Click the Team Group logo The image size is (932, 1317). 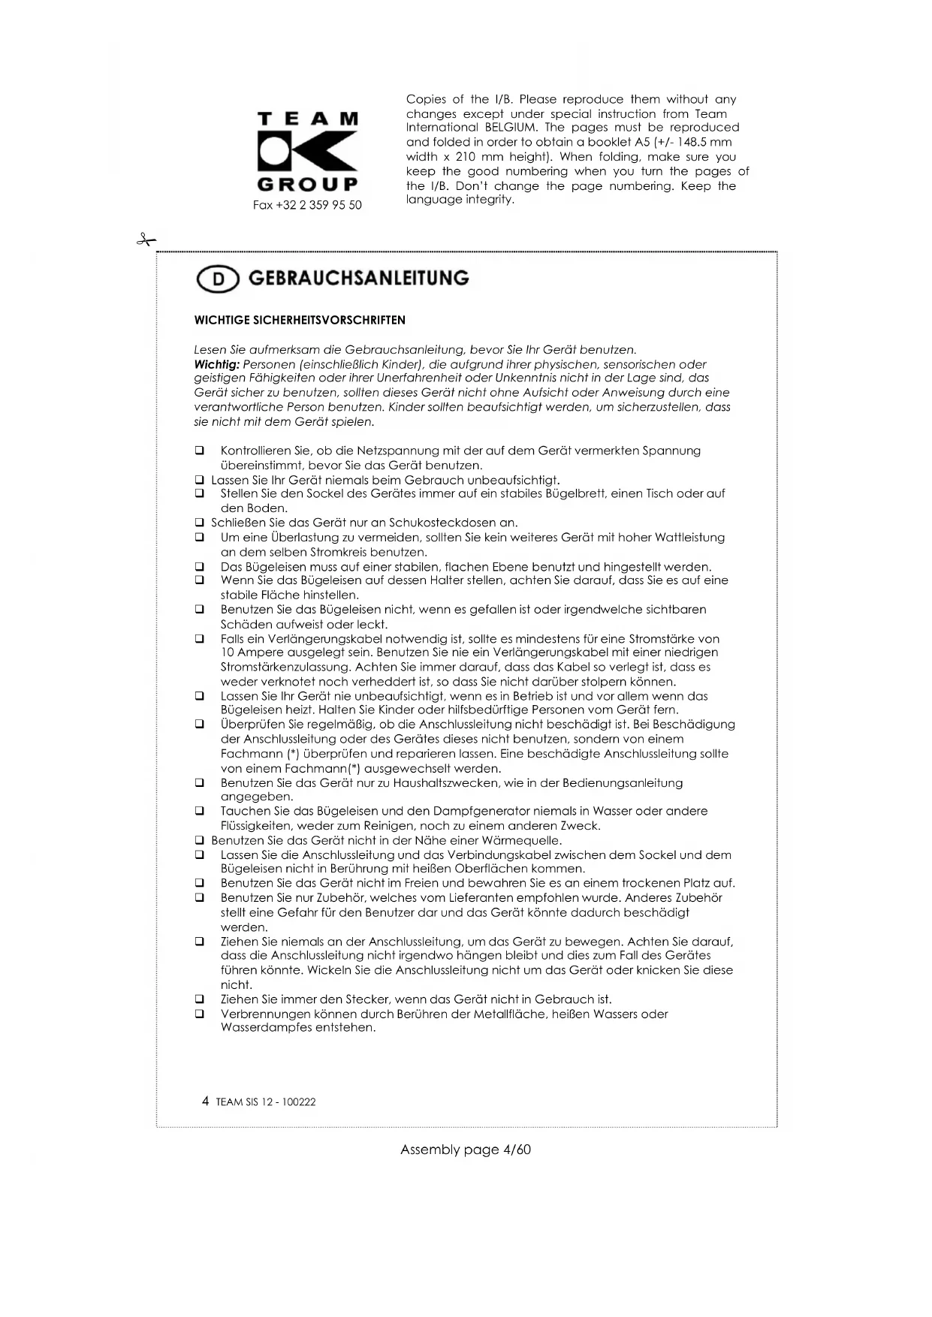(x=307, y=151)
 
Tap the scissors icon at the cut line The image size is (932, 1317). (x=146, y=240)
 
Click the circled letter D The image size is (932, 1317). (x=218, y=279)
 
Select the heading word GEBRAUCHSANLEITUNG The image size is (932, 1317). (x=358, y=279)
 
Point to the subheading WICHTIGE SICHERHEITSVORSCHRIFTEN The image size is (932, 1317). (x=300, y=320)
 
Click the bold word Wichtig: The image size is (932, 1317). (x=216, y=364)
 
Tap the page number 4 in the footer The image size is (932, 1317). (x=205, y=1102)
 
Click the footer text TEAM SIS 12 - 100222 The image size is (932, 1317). (x=266, y=1102)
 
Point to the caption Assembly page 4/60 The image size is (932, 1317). (x=466, y=1150)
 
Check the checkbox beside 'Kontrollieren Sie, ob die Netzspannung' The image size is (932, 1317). (x=200, y=451)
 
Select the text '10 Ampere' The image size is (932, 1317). (x=250, y=652)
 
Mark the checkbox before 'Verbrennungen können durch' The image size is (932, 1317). (x=200, y=1014)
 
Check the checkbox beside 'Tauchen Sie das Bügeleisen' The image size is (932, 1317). (x=200, y=811)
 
